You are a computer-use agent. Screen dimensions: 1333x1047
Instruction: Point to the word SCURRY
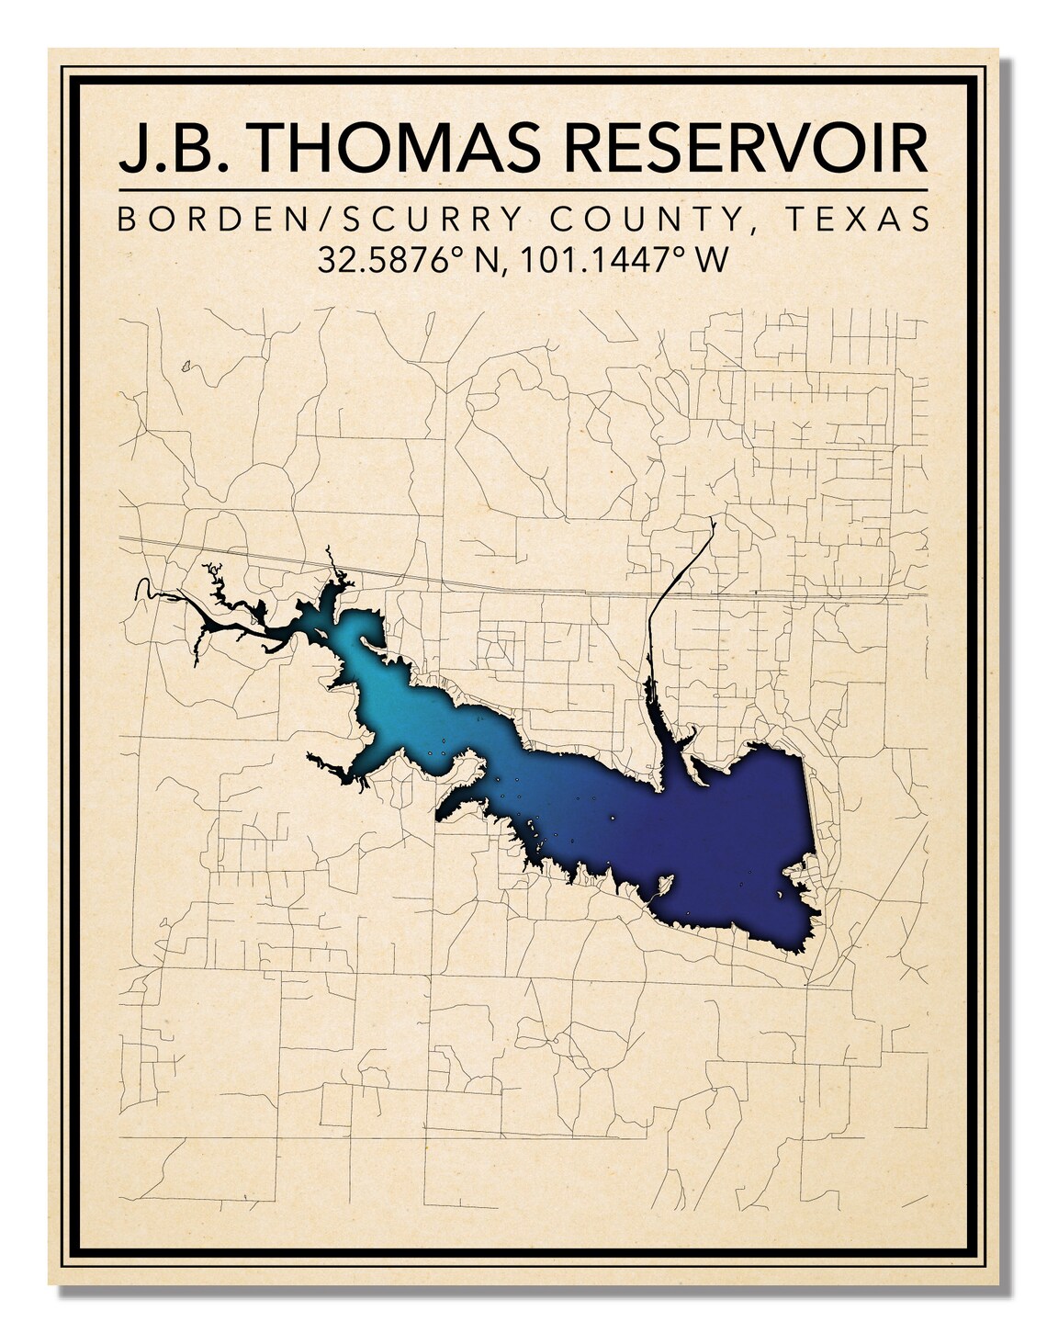coord(428,220)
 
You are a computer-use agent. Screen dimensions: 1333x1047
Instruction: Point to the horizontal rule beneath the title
coord(523,190)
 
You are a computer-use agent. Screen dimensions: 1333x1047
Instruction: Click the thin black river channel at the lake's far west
coord(174,598)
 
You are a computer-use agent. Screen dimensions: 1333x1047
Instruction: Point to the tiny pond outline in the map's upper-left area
coord(186,367)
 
